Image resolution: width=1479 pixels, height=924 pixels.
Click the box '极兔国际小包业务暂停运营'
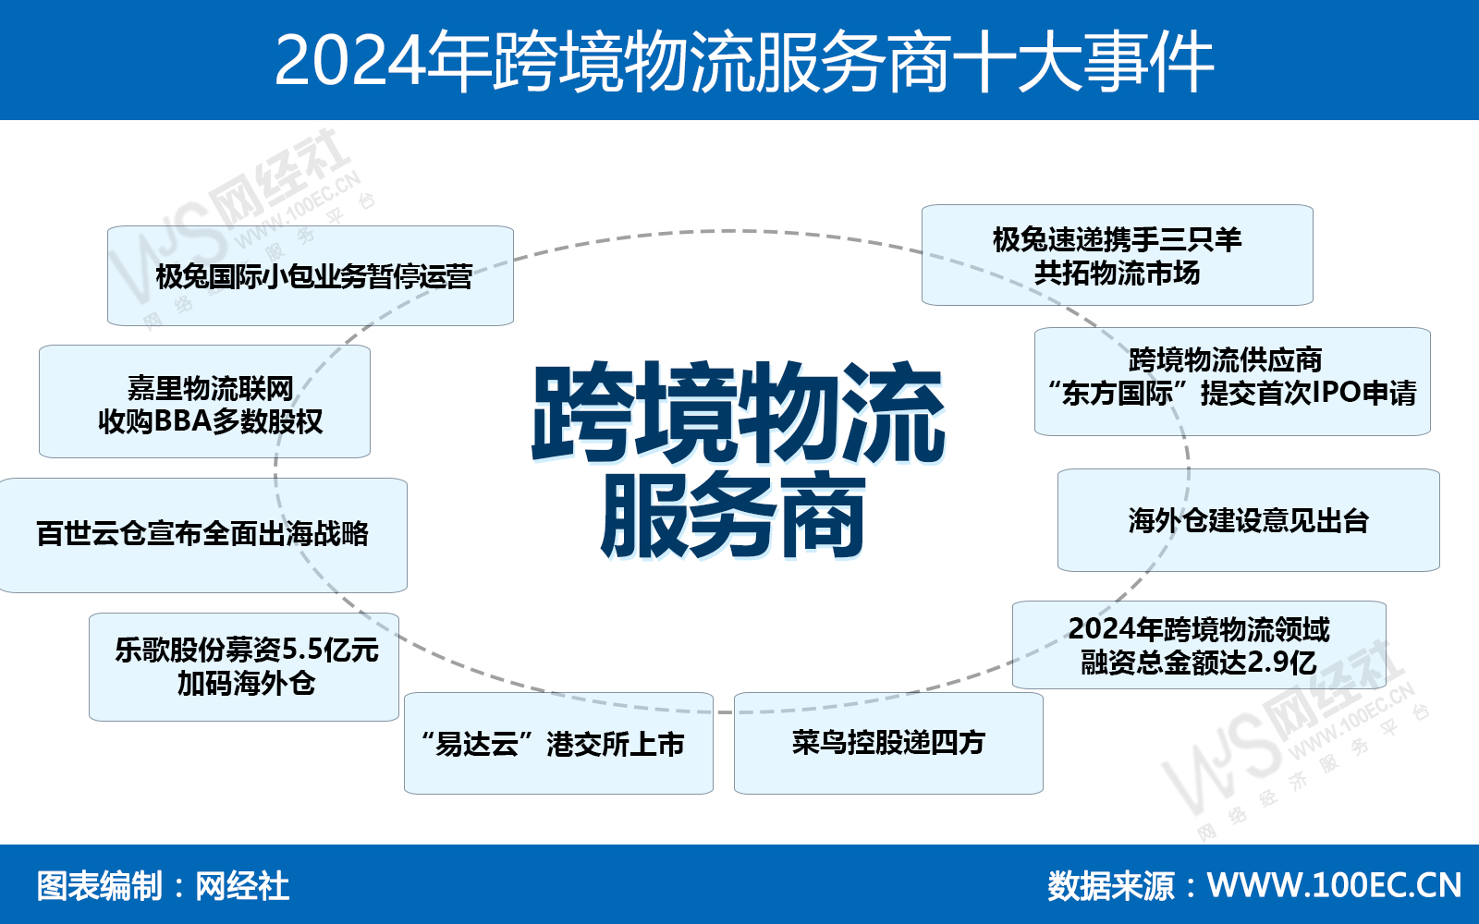click(311, 276)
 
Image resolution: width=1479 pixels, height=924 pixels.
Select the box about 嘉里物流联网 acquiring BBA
click(204, 401)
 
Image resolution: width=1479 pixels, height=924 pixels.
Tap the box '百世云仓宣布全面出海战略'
click(203, 535)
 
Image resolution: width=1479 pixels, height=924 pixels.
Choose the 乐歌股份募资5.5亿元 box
click(244, 666)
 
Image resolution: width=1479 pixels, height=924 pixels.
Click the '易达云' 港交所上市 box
click(558, 743)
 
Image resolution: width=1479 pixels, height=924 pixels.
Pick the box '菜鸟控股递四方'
click(888, 743)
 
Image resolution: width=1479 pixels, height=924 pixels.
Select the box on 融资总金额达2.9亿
click(1199, 645)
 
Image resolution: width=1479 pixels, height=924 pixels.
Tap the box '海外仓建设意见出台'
click(1249, 520)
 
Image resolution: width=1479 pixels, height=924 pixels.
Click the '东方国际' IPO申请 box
click(1232, 382)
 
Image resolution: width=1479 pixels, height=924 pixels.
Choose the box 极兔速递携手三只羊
click(1118, 255)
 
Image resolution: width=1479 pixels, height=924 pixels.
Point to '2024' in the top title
click(348, 61)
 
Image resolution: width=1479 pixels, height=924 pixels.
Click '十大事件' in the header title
click(1082, 62)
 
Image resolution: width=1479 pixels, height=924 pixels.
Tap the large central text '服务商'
click(733, 515)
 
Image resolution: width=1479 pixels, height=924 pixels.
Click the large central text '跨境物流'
click(739, 412)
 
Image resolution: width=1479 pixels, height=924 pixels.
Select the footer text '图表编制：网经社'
click(163, 886)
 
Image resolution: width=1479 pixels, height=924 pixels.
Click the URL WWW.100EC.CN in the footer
click(1335, 886)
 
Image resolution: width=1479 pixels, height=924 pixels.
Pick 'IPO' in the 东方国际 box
click(1338, 393)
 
